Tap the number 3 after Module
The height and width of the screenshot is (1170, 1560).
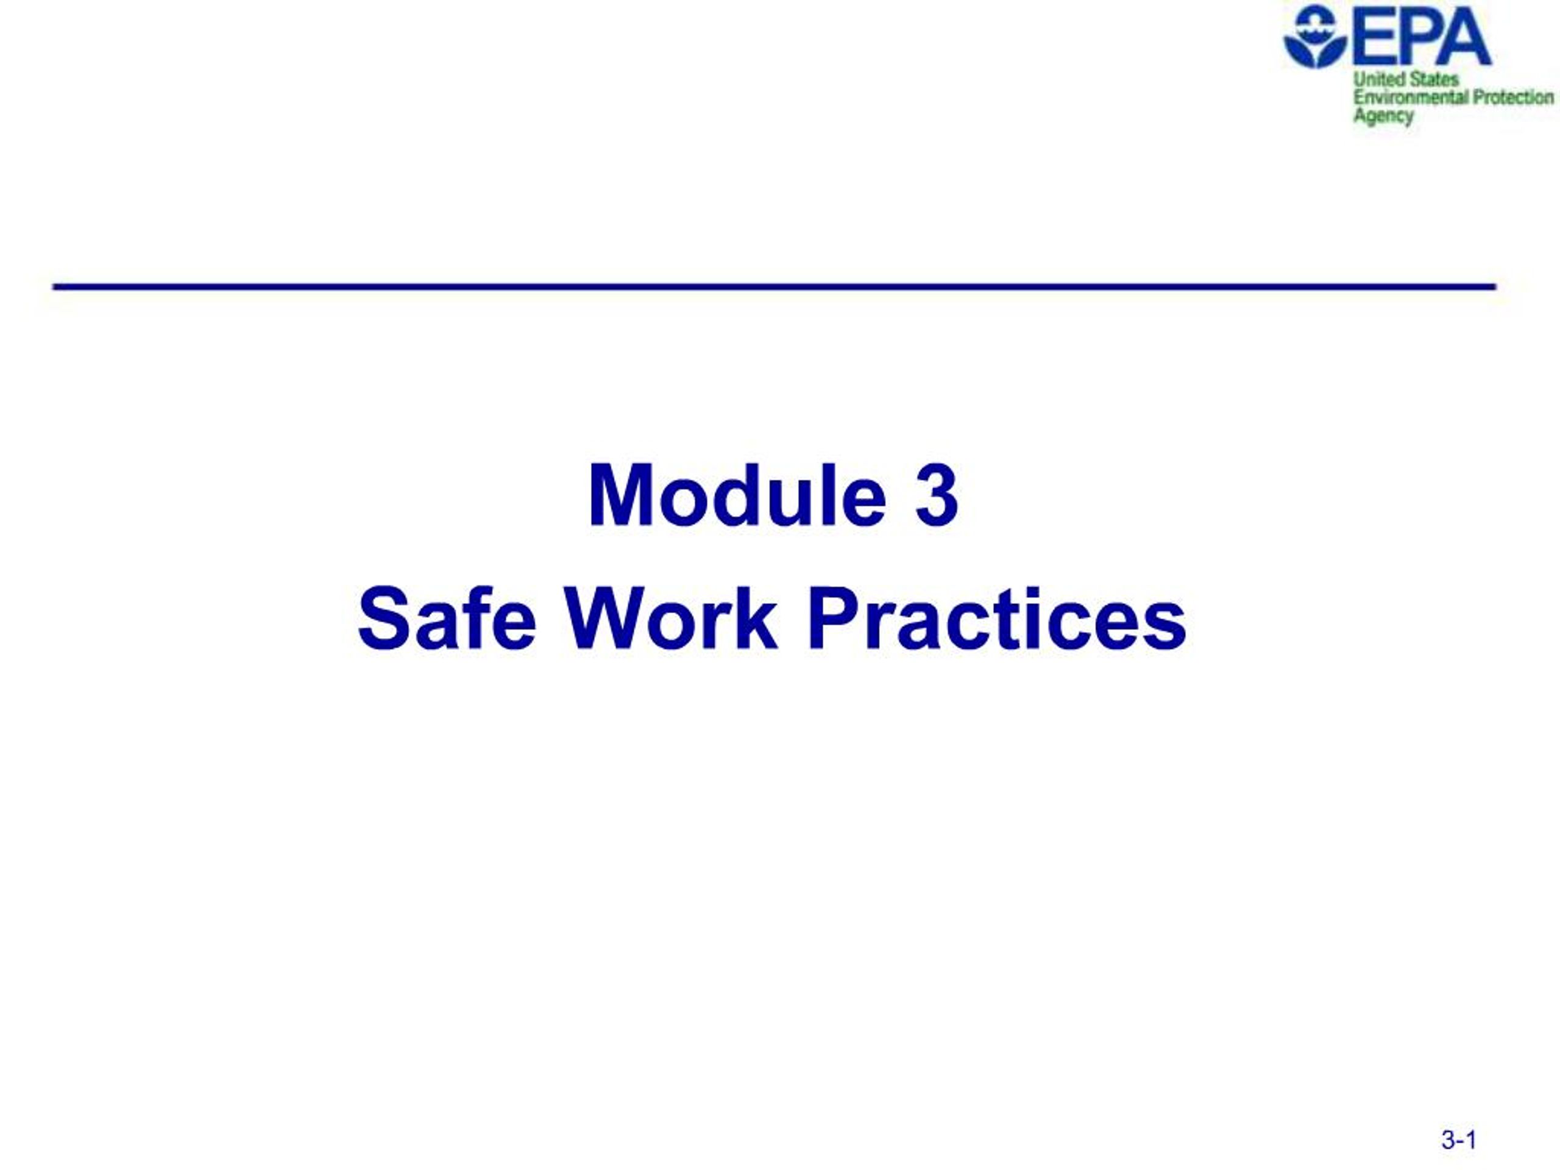tap(937, 495)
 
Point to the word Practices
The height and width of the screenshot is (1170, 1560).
tap(996, 620)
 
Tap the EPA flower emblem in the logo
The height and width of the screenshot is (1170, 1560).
tap(1314, 37)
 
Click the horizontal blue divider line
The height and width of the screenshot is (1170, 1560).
tap(775, 287)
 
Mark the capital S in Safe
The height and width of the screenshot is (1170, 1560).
tap(381, 620)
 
